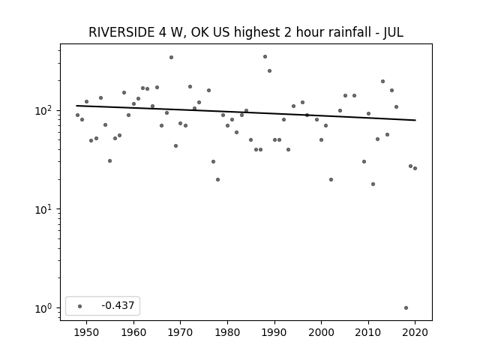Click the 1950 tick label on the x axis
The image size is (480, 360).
[x=87, y=332]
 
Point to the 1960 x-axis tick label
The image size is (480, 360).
[x=133, y=332]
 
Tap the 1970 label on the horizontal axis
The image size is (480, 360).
[x=180, y=332]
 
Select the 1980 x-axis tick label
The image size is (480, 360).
[x=227, y=332]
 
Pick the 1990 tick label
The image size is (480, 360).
[x=274, y=332]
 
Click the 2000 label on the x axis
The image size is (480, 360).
[x=321, y=332]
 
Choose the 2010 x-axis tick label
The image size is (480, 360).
[x=368, y=332]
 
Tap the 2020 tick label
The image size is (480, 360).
[x=415, y=332]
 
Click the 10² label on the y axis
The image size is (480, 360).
[x=45, y=110]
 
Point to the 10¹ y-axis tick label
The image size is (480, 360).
[x=45, y=209]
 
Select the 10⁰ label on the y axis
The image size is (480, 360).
[x=45, y=308]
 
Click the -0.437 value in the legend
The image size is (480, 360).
[x=118, y=305]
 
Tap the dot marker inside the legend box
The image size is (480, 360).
[x=80, y=306]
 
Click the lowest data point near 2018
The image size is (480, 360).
[x=406, y=308]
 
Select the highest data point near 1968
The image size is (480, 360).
[x=171, y=57]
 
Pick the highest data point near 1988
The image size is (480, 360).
[x=265, y=57]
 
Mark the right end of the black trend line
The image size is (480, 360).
[x=415, y=120]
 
